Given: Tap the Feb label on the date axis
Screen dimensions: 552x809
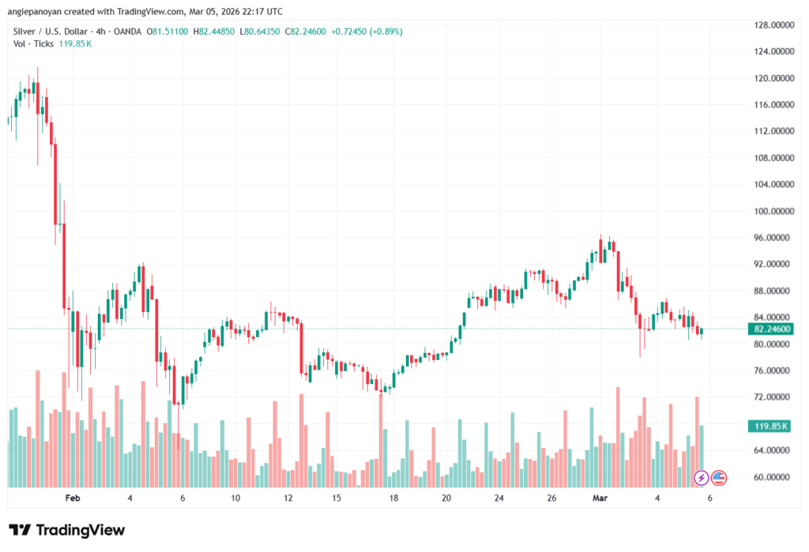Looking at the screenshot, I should (x=73, y=498).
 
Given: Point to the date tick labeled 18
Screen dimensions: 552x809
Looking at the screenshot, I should (x=393, y=498).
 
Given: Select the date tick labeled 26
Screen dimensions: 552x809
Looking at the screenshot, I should (x=551, y=498).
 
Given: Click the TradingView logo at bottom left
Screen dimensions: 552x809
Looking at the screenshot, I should (x=66, y=530).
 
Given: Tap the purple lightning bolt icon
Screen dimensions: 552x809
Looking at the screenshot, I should (x=701, y=477).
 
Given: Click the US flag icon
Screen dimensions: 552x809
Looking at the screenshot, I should (x=719, y=477).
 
